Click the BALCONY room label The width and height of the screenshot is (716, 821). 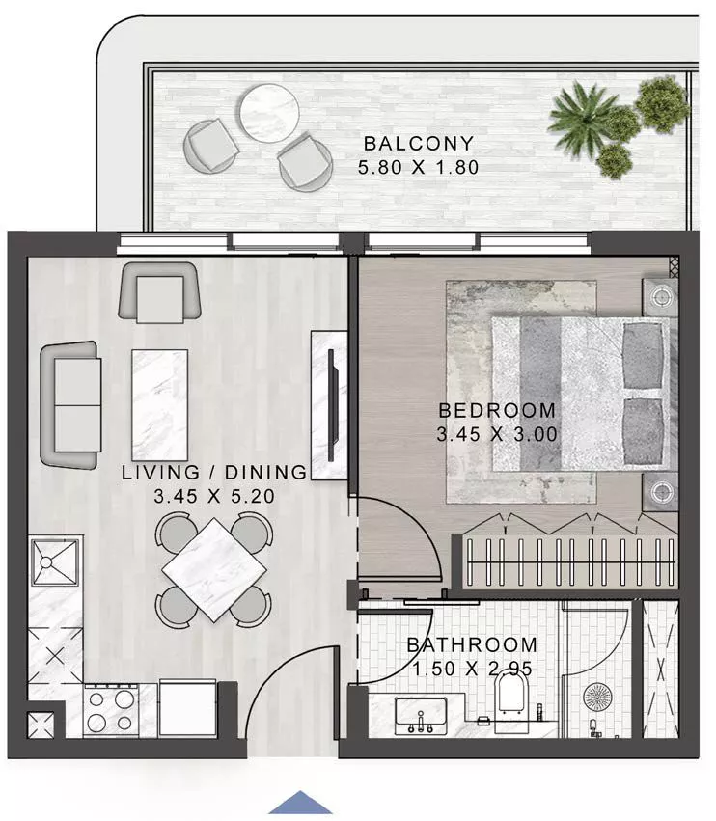pos(421,144)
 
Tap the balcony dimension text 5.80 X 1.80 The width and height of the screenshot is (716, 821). pos(421,167)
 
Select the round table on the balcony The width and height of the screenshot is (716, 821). pos(268,114)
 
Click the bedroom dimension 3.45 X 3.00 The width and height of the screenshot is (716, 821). pos(497,434)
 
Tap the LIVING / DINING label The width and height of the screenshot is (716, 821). pos(214,473)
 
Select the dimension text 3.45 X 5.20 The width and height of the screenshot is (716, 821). pos(214,497)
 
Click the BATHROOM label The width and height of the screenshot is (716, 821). pos(472,644)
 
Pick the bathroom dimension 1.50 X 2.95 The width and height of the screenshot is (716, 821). pos(472,669)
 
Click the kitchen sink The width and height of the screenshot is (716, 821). pos(56,562)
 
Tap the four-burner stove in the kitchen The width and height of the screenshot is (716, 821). pos(111,710)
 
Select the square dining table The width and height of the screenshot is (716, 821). pos(213,569)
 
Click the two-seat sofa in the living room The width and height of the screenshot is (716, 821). pos(69,403)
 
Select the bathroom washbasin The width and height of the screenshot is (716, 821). pos(421,715)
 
